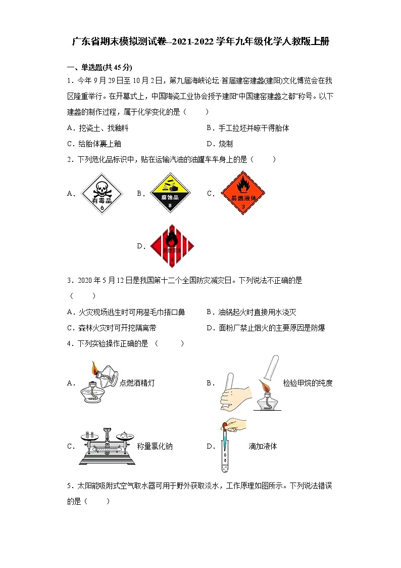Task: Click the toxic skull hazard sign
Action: tap(103, 193)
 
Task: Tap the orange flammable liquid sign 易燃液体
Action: tap(243, 193)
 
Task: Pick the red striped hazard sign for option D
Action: tap(172, 246)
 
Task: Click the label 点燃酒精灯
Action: tap(137, 383)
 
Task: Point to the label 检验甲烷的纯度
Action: tap(308, 383)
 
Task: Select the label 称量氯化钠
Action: tap(155, 446)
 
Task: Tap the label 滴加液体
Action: tap(263, 446)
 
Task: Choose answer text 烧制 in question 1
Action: tap(226, 144)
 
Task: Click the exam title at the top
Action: tap(201, 41)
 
